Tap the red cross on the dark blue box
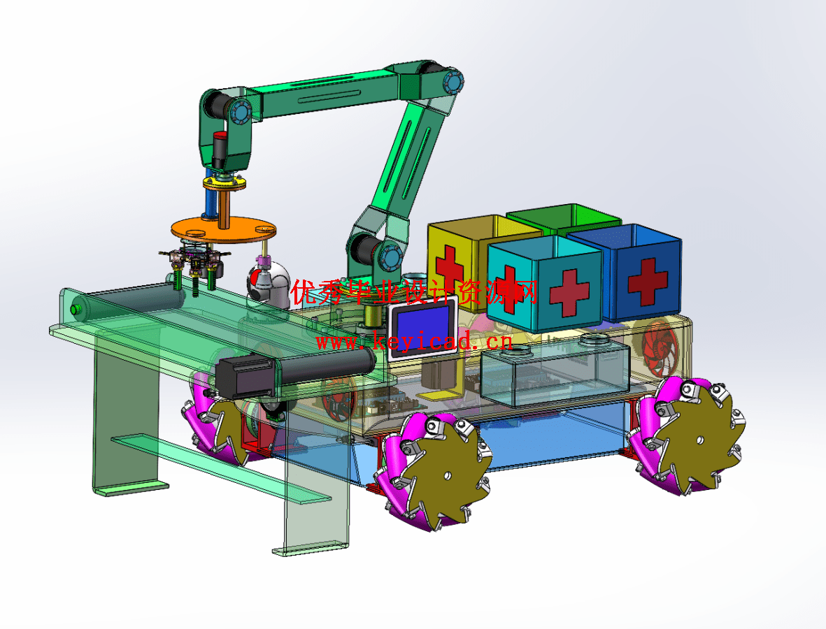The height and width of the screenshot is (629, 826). coord(648,281)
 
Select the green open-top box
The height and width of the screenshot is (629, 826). coord(564,219)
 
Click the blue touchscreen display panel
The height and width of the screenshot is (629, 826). coord(423,326)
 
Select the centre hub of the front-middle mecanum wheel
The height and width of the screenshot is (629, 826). coord(447,476)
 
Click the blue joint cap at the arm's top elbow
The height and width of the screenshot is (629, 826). coord(453,83)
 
